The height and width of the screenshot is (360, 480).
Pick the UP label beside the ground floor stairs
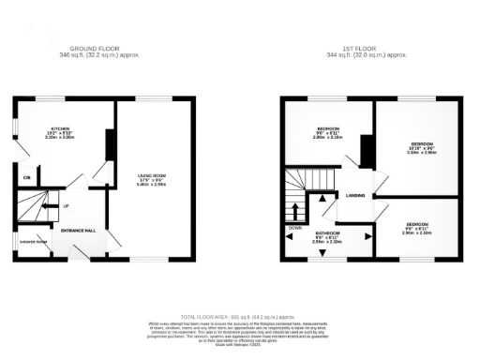tap(66, 205)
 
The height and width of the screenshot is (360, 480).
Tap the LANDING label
tap(354, 196)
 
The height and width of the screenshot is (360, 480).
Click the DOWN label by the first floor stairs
tap(294, 227)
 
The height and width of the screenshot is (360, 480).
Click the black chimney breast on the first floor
tap(367, 150)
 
